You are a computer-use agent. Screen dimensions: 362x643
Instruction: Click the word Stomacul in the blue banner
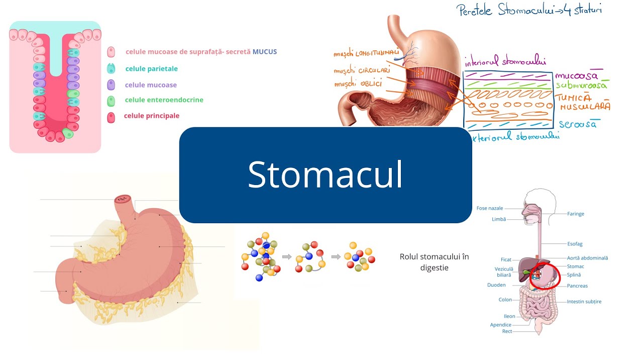pyautogui.click(x=325, y=175)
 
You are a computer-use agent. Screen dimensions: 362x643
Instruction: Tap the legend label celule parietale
pyautogui.click(x=151, y=69)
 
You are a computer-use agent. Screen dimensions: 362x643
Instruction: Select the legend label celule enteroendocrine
pyautogui.click(x=164, y=100)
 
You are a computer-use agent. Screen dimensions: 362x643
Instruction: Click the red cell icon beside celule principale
pyautogui.click(x=111, y=117)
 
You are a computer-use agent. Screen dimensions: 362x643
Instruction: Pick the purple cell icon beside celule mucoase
pyautogui.click(x=111, y=85)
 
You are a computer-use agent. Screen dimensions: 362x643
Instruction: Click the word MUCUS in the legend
pyautogui.click(x=265, y=52)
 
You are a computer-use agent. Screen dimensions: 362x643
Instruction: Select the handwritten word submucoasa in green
pyautogui.click(x=581, y=85)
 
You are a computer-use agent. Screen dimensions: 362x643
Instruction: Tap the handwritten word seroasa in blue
pyautogui.click(x=578, y=124)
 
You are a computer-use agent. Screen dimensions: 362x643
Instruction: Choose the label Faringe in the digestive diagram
pyautogui.click(x=575, y=214)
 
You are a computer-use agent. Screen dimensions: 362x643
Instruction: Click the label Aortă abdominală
pyautogui.click(x=587, y=258)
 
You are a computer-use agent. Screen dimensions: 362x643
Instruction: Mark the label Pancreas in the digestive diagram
pyautogui.click(x=577, y=286)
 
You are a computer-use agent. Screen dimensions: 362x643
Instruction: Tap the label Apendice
pyautogui.click(x=500, y=325)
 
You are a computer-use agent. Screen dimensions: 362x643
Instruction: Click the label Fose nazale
pyautogui.click(x=489, y=208)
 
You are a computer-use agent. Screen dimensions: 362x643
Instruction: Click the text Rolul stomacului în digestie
pyautogui.click(x=434, y=262)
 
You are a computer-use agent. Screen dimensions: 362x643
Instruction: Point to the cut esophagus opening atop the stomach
pyautogui.click(x=122, y=199)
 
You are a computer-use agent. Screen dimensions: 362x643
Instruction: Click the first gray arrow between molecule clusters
pyautogui.click(x=287, y=256)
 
